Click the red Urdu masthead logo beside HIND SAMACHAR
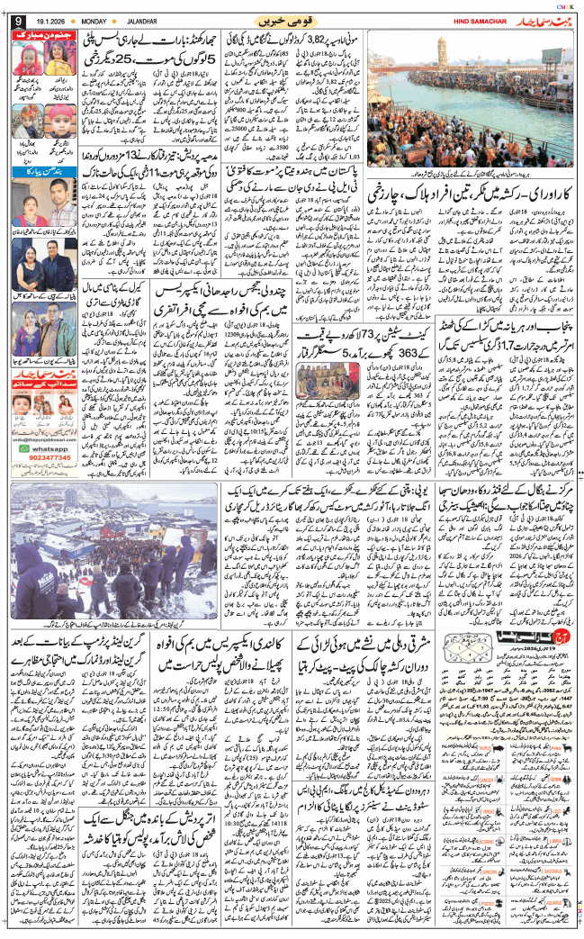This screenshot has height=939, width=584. (x=539, y=18)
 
